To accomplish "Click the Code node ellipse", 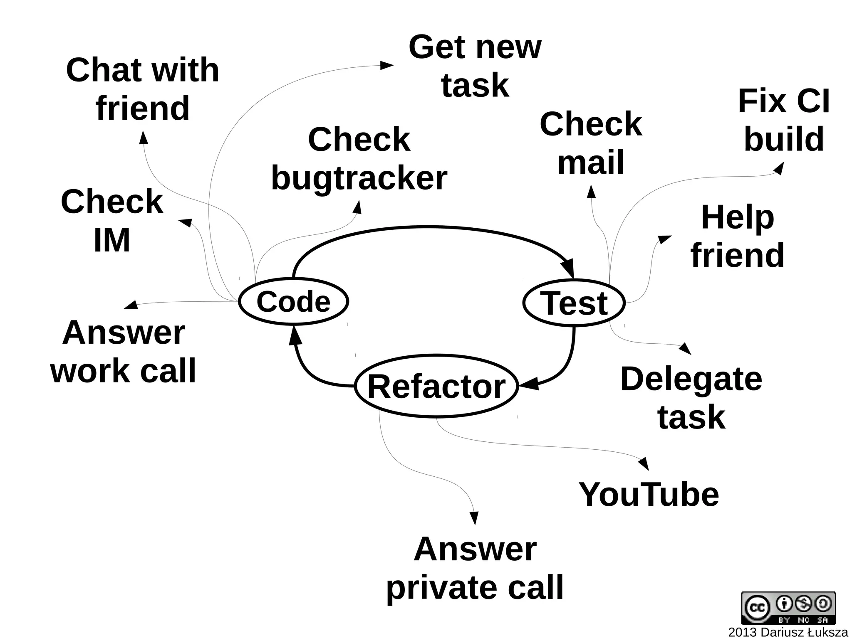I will (x=293, y=301).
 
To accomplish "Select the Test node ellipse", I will (x=574, y=303).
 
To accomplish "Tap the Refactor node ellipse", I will (x=436, y=386).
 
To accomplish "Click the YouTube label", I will (x=649, y=495).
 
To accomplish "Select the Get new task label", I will (x=475, y=66).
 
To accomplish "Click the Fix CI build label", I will (x=783, y=120).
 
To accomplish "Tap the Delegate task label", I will (x=691, y=398).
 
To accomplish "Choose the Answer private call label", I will (x=475, y=568).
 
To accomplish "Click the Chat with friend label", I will (x=142, y=89).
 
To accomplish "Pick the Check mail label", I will (x=590, y=143).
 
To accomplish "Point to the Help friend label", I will (x=737, y=236).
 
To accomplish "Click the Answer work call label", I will (x=123, y=351).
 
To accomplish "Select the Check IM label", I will (x=111, y=221).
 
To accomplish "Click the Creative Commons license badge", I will (x=788, y=608).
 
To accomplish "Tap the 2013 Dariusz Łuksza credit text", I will (x=788, y=632).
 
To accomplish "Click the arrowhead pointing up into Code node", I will (x=295, y=335).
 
